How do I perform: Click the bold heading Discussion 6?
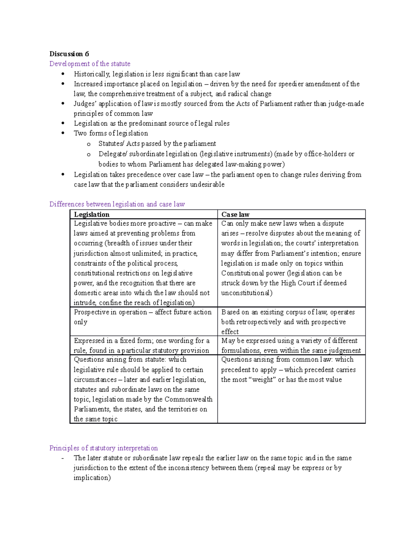pos(69,54)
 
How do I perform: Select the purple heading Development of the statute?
pos(90,64)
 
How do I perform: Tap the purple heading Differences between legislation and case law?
pos(117,204)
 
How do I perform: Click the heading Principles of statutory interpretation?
pos(103,448)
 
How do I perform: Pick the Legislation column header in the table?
pos(92,214)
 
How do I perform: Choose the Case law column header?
pos(235,214)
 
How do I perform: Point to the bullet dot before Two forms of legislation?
pos(63,133)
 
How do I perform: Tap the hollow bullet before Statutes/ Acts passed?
pos(89,144)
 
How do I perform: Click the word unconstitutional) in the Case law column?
pos(247,293)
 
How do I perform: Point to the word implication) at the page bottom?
pos(92,477)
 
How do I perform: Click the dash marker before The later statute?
pos(62,458)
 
